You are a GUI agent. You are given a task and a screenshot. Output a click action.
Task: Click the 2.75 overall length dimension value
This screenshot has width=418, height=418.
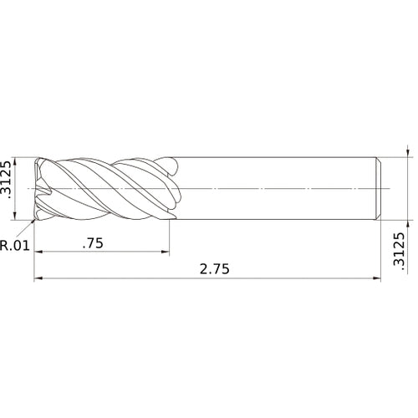pos(215,269)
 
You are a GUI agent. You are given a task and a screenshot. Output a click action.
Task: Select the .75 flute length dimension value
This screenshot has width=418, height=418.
pos(94,243)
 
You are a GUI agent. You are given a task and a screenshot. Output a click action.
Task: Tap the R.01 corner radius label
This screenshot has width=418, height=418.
pos(15,246)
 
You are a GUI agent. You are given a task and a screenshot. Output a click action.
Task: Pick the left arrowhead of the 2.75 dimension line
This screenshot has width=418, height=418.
pos(38,279)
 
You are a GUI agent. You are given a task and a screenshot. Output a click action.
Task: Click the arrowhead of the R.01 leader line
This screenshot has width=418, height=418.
pos(34,222)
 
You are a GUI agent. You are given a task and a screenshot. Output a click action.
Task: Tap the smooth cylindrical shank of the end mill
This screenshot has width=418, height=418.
pos(276,188)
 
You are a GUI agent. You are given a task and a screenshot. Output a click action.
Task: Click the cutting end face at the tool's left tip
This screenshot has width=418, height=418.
pos(37,189)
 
